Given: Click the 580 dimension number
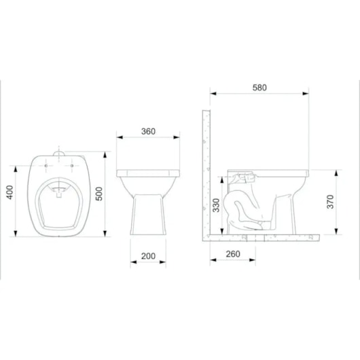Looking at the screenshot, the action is tap(259, 88).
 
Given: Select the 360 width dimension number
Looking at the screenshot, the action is tap(148, 132).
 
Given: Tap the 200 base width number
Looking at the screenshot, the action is tap(148, 256).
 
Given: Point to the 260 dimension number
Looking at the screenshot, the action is tap(233, 254).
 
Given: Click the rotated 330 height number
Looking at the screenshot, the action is tap(216, 205).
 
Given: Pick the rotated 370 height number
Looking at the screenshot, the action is tap(330, 202).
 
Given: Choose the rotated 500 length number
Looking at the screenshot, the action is tap(99, 194).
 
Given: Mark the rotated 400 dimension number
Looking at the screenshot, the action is tap(10, 192).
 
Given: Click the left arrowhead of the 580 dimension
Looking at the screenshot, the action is tap(213, 94).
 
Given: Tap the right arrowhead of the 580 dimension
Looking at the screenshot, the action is tap(306, 94).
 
